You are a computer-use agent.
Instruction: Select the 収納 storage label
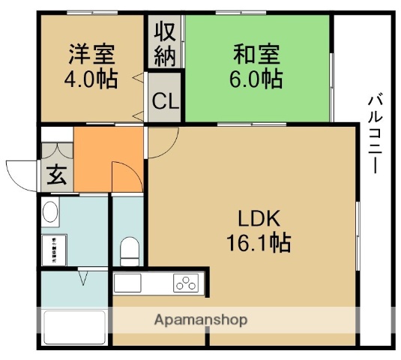165,43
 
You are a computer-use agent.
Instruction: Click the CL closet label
165,100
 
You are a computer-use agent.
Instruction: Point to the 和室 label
256,54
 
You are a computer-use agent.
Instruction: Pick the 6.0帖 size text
256,79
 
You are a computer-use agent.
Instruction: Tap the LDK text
259,219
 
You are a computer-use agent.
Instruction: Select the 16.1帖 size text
259,243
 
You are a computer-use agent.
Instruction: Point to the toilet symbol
130,249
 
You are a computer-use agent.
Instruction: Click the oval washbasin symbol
51,212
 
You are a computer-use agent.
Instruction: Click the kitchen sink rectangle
127,283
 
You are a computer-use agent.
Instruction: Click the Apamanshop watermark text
201,320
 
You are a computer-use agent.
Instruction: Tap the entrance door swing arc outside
20,171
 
